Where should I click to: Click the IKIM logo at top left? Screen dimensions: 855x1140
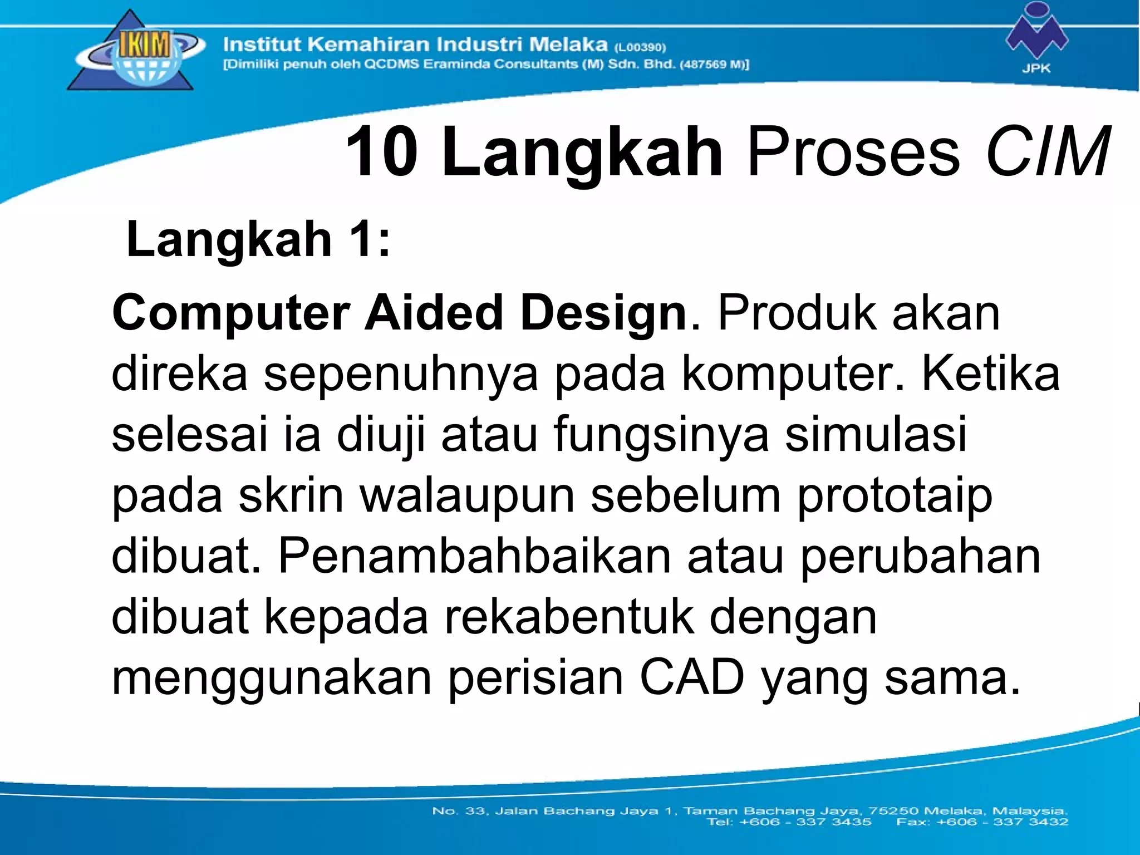coord(134,53)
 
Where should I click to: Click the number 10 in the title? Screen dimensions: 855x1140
coord(382,152)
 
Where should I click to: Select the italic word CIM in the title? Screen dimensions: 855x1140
coord(1047,152)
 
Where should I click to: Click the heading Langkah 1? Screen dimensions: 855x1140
coord(258,239)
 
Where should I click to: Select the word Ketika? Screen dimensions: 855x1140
coord(990,374)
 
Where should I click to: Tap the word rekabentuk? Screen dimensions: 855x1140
coord(568,617)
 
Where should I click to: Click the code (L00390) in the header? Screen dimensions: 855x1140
coord(641,47)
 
